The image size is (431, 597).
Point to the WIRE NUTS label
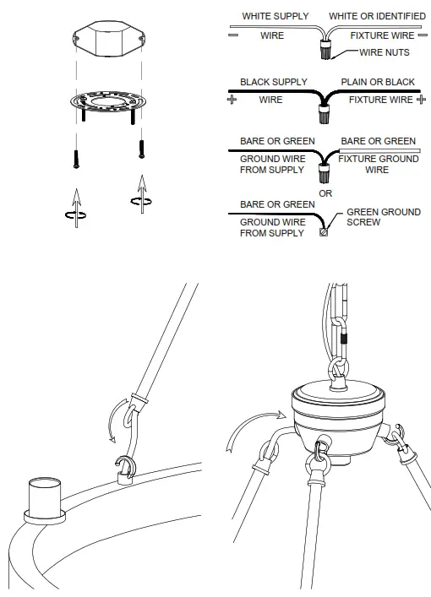[x=385, y=52]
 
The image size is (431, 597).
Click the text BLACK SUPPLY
[x=274, y=83]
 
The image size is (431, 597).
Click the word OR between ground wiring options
[x=325, y=193]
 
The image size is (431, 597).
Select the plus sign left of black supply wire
[x=231, y=100]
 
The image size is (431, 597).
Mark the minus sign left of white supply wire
[x=231, y=35]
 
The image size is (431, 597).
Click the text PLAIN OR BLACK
[x=378, y=83]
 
